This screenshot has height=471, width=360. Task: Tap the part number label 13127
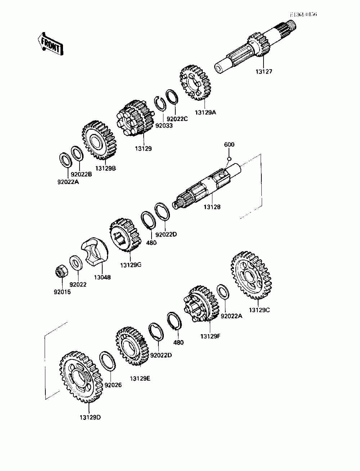[264, 71]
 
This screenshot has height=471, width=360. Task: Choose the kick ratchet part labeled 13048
[95, 252]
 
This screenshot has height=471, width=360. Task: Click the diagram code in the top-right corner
[304, 14]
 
